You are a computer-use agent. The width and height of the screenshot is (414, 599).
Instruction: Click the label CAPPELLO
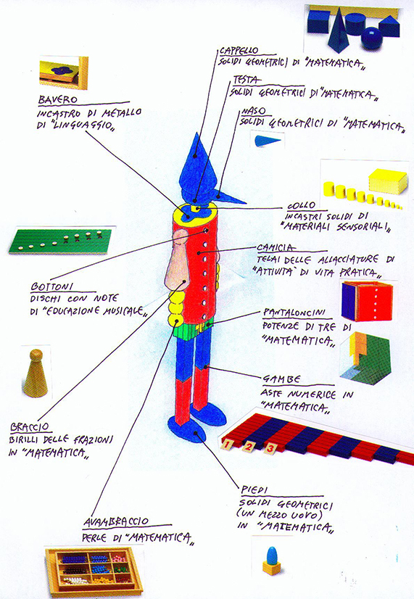pyautogui.click(x=239, y=51)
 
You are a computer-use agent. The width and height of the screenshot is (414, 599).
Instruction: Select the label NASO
pyautogui.click(x=254, y=111)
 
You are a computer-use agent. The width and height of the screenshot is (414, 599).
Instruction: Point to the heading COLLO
pyautogui.click(x=302, y=205)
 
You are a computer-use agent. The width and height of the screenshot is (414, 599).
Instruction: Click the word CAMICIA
pyautogui.click(x=276, y=247)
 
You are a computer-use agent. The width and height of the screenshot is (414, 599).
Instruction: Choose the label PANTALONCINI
pyautogui.click(x=294, y=313)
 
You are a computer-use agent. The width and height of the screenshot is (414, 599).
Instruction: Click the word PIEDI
pyautogui.click(x=254, y=489)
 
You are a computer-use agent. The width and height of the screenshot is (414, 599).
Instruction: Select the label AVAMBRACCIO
pyautogui.click(x=116, y=521)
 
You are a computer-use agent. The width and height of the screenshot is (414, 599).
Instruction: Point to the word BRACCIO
pyautogui.click(x=30, y=426)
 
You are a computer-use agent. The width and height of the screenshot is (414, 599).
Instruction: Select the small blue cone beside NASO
pyautogui.click(x=268, y=141)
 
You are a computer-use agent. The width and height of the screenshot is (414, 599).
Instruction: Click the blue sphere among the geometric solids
pyautogui.click(x=372, y=38)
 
